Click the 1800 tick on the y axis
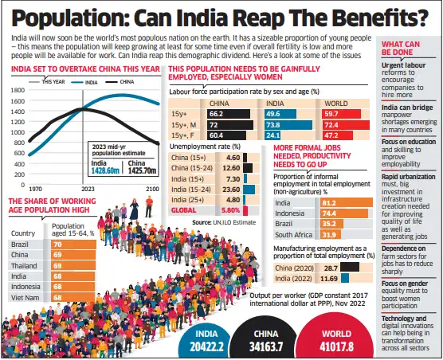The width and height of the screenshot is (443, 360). (x=17, y=92)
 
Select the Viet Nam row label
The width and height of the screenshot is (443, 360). (x=25, y=297)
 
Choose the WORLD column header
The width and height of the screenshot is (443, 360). (x=335, y=103)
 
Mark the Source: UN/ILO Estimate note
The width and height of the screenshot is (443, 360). (x=221, y=222)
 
